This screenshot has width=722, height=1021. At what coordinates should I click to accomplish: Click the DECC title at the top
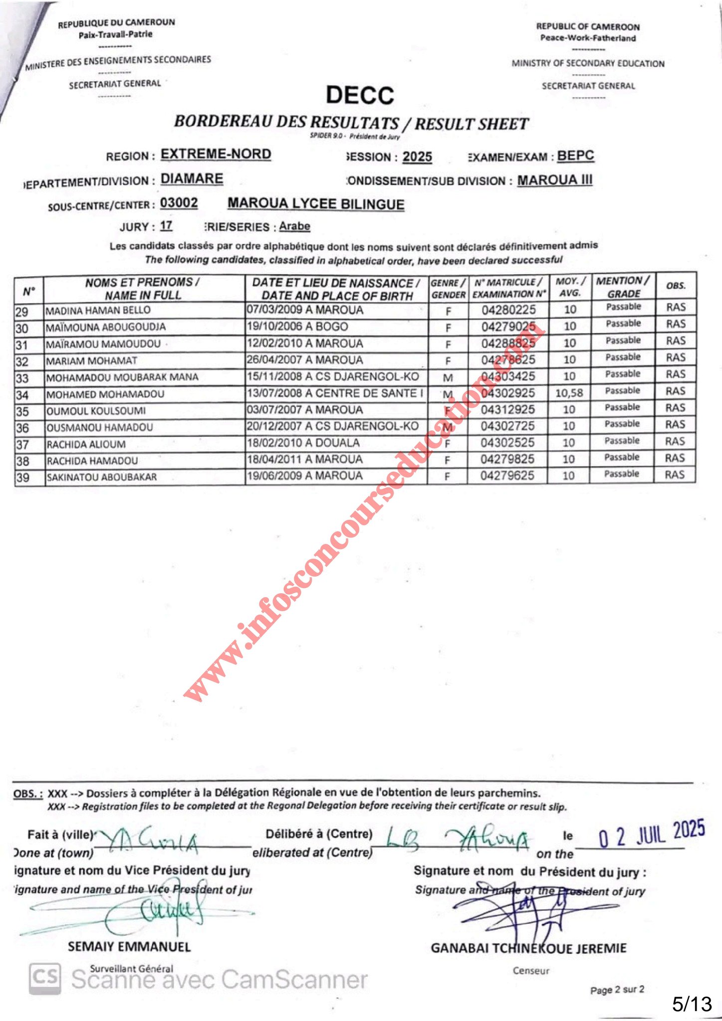pyautogui.click(x=360, y=95)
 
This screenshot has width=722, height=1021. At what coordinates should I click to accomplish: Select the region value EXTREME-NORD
pyautogui.click(x=216, y=154)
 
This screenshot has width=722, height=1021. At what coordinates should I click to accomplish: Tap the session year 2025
pyautogui.click(x=417, y=157)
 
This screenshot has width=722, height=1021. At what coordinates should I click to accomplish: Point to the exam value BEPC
pyautogui.click(x=575, y=156)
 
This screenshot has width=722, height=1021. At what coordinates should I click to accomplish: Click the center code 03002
pyautogui.click(x=179, y=203)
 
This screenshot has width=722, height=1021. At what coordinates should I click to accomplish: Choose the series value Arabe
pyautogui.click(x=294, y=226)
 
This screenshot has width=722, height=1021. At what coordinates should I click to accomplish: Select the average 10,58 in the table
pyautogui.click(x=569, y=393)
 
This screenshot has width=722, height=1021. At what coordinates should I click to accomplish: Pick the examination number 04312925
pyautogui.click(x=507, y=409)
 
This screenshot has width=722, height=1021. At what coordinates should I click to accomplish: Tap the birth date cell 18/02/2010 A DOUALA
pyautogui.click(x=303, y=443)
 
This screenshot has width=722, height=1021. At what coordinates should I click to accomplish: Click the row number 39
pyautogui.click(x=23, y=478)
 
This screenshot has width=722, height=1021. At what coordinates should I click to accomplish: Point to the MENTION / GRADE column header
pyautogui.click(x=623, y=287)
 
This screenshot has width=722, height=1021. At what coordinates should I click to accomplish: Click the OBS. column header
pyautogui.click(x=676, y=286)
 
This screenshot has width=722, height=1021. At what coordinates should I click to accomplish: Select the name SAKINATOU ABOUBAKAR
pyautogui.click(x=102, y=477)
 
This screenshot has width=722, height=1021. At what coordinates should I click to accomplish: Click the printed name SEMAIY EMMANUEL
pyautogui.click(x=129, y=946)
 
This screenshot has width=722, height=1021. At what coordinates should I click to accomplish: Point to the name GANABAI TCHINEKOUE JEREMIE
pyautogui.click(x=528, y=948)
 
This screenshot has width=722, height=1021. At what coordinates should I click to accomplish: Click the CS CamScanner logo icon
pyautogui.click(x=45, y=978)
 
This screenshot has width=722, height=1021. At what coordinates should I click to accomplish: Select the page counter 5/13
pyautogui.click(x=692, y=1003)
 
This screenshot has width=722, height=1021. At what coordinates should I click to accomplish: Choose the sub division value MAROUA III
pyautogui.click(x=554, y=180)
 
